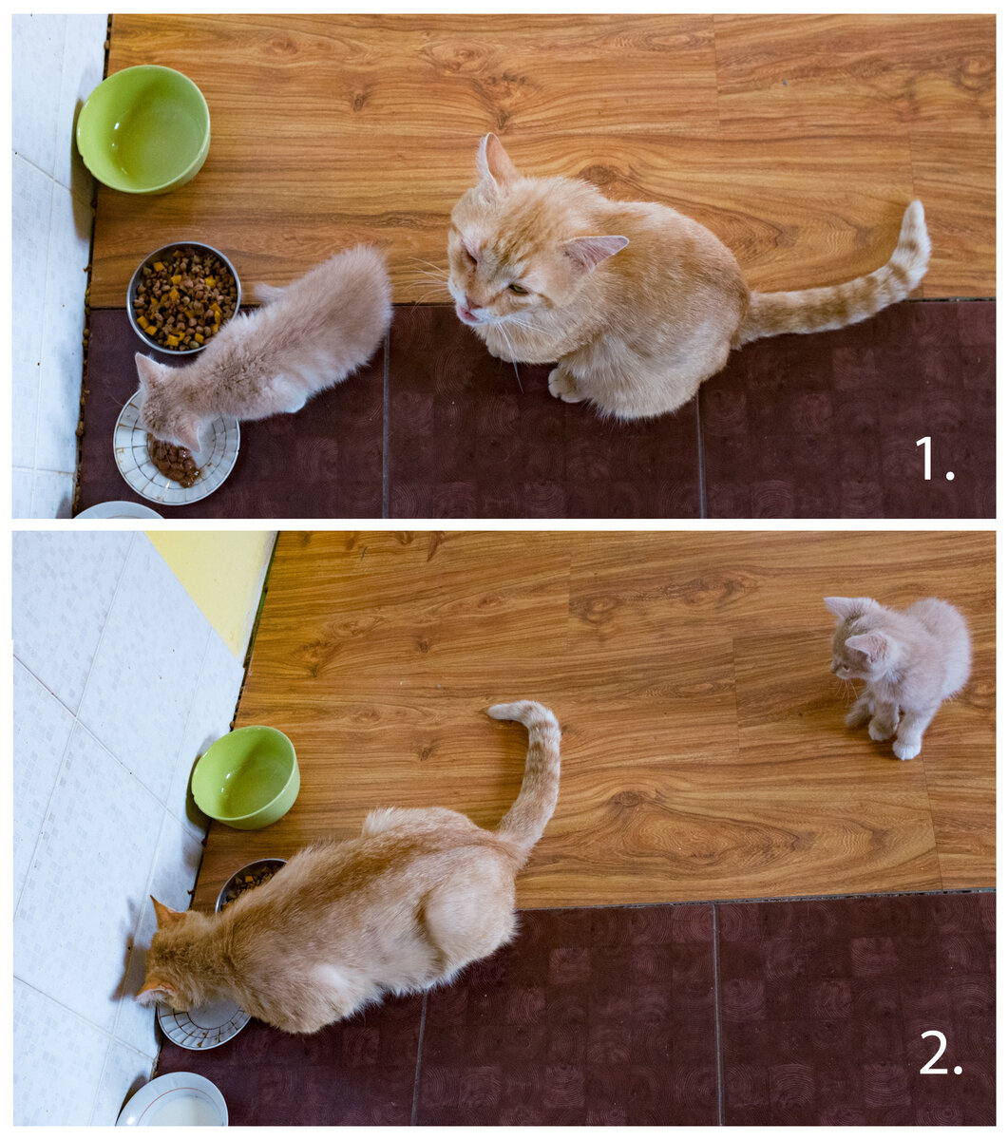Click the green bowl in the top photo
click(x=143, y=129)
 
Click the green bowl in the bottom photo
click(x=245, y=777)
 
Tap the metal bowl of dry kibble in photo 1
click(x=183, y=296)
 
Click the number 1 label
click(x=934, y=459)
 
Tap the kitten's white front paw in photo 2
click(x=906, y=750)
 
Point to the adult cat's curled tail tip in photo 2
click(x=501, y=711)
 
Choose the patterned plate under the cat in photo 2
click(x=202, y=1025)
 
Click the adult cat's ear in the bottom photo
click(x=163, y=912)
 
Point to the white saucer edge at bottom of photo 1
click(x=117, y=508)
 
